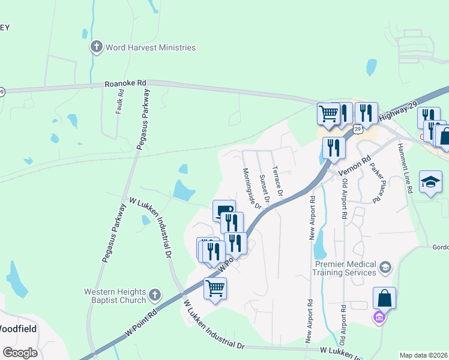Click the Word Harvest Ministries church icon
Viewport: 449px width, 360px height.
[x=96, y=47]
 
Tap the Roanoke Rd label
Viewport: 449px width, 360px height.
[x=125, y=83]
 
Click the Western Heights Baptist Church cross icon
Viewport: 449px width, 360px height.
[x=154, y=295]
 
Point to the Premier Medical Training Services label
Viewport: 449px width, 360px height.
[x=344, y=268]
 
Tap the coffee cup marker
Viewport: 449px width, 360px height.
[x=224, y=210]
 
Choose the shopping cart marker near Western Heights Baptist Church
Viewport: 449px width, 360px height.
[x=215, y=288]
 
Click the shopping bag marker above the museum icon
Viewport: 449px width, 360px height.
[x=384, y=298]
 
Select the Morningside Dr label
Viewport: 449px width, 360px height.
[x=252, y=188]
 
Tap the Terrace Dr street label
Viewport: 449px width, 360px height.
[x=277, y=180]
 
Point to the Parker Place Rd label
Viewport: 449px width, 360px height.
[x=377, y=183]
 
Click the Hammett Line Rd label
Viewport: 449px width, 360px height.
[x=405, y=170]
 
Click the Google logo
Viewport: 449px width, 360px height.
[x=20, y=353]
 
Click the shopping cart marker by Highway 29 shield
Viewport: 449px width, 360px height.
[x=328, y=113]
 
